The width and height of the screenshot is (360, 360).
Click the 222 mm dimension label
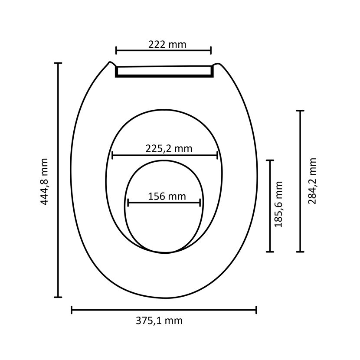[167, 44]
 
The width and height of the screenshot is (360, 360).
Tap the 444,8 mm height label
[44, 181]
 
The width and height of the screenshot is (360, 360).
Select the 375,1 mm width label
[159, 321]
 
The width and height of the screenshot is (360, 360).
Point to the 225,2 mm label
[169, 148]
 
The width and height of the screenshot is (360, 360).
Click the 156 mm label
[167, 196]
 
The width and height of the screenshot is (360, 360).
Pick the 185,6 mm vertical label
[278, 204]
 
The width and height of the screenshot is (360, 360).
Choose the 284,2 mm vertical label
[312, 181]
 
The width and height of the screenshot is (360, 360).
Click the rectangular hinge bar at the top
[164, 72]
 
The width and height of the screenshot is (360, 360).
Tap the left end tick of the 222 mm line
[116, 50]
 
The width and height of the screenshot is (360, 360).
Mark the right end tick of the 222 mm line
[211, 50]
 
